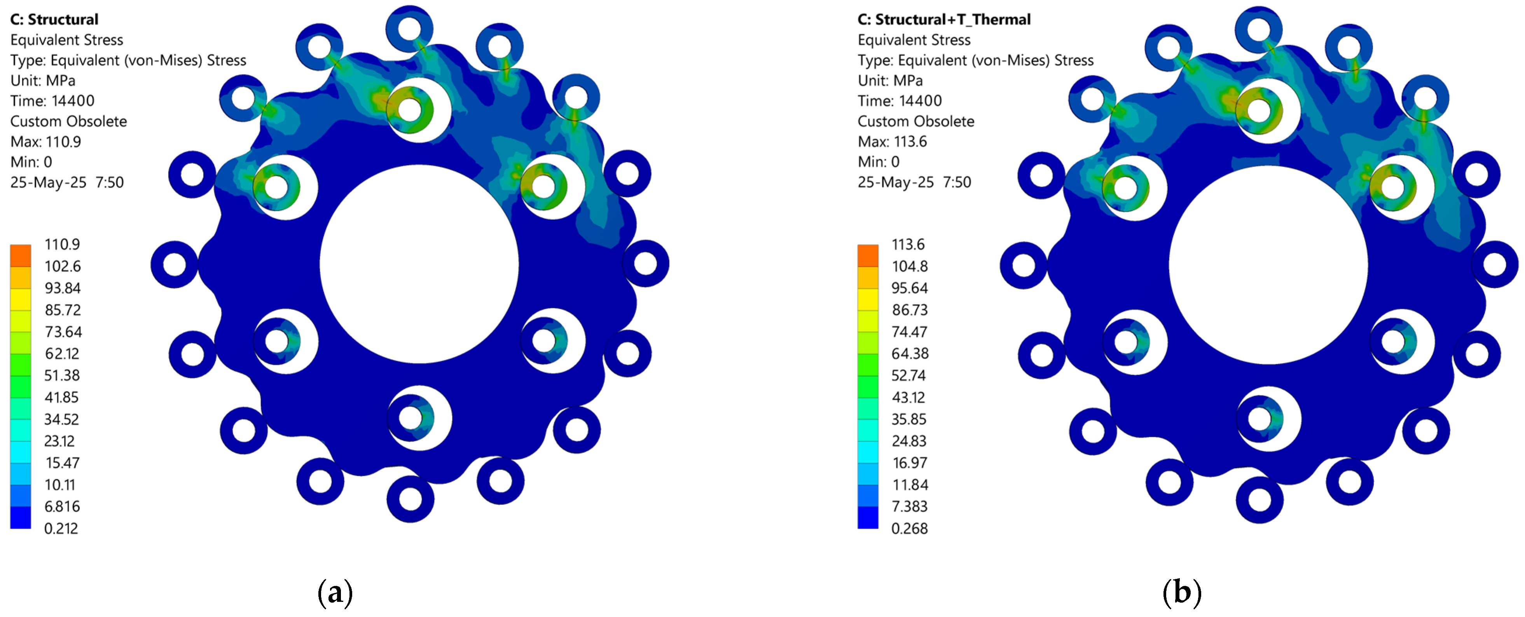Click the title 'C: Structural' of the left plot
click(54, 19)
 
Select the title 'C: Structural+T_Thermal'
click(944, 19)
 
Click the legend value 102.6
click(63, 266)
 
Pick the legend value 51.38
click(62, 375)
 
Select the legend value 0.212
click(61, 528)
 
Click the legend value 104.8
click(910, 266)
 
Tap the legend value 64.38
click(910, 354)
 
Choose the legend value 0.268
click(909, 528)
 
